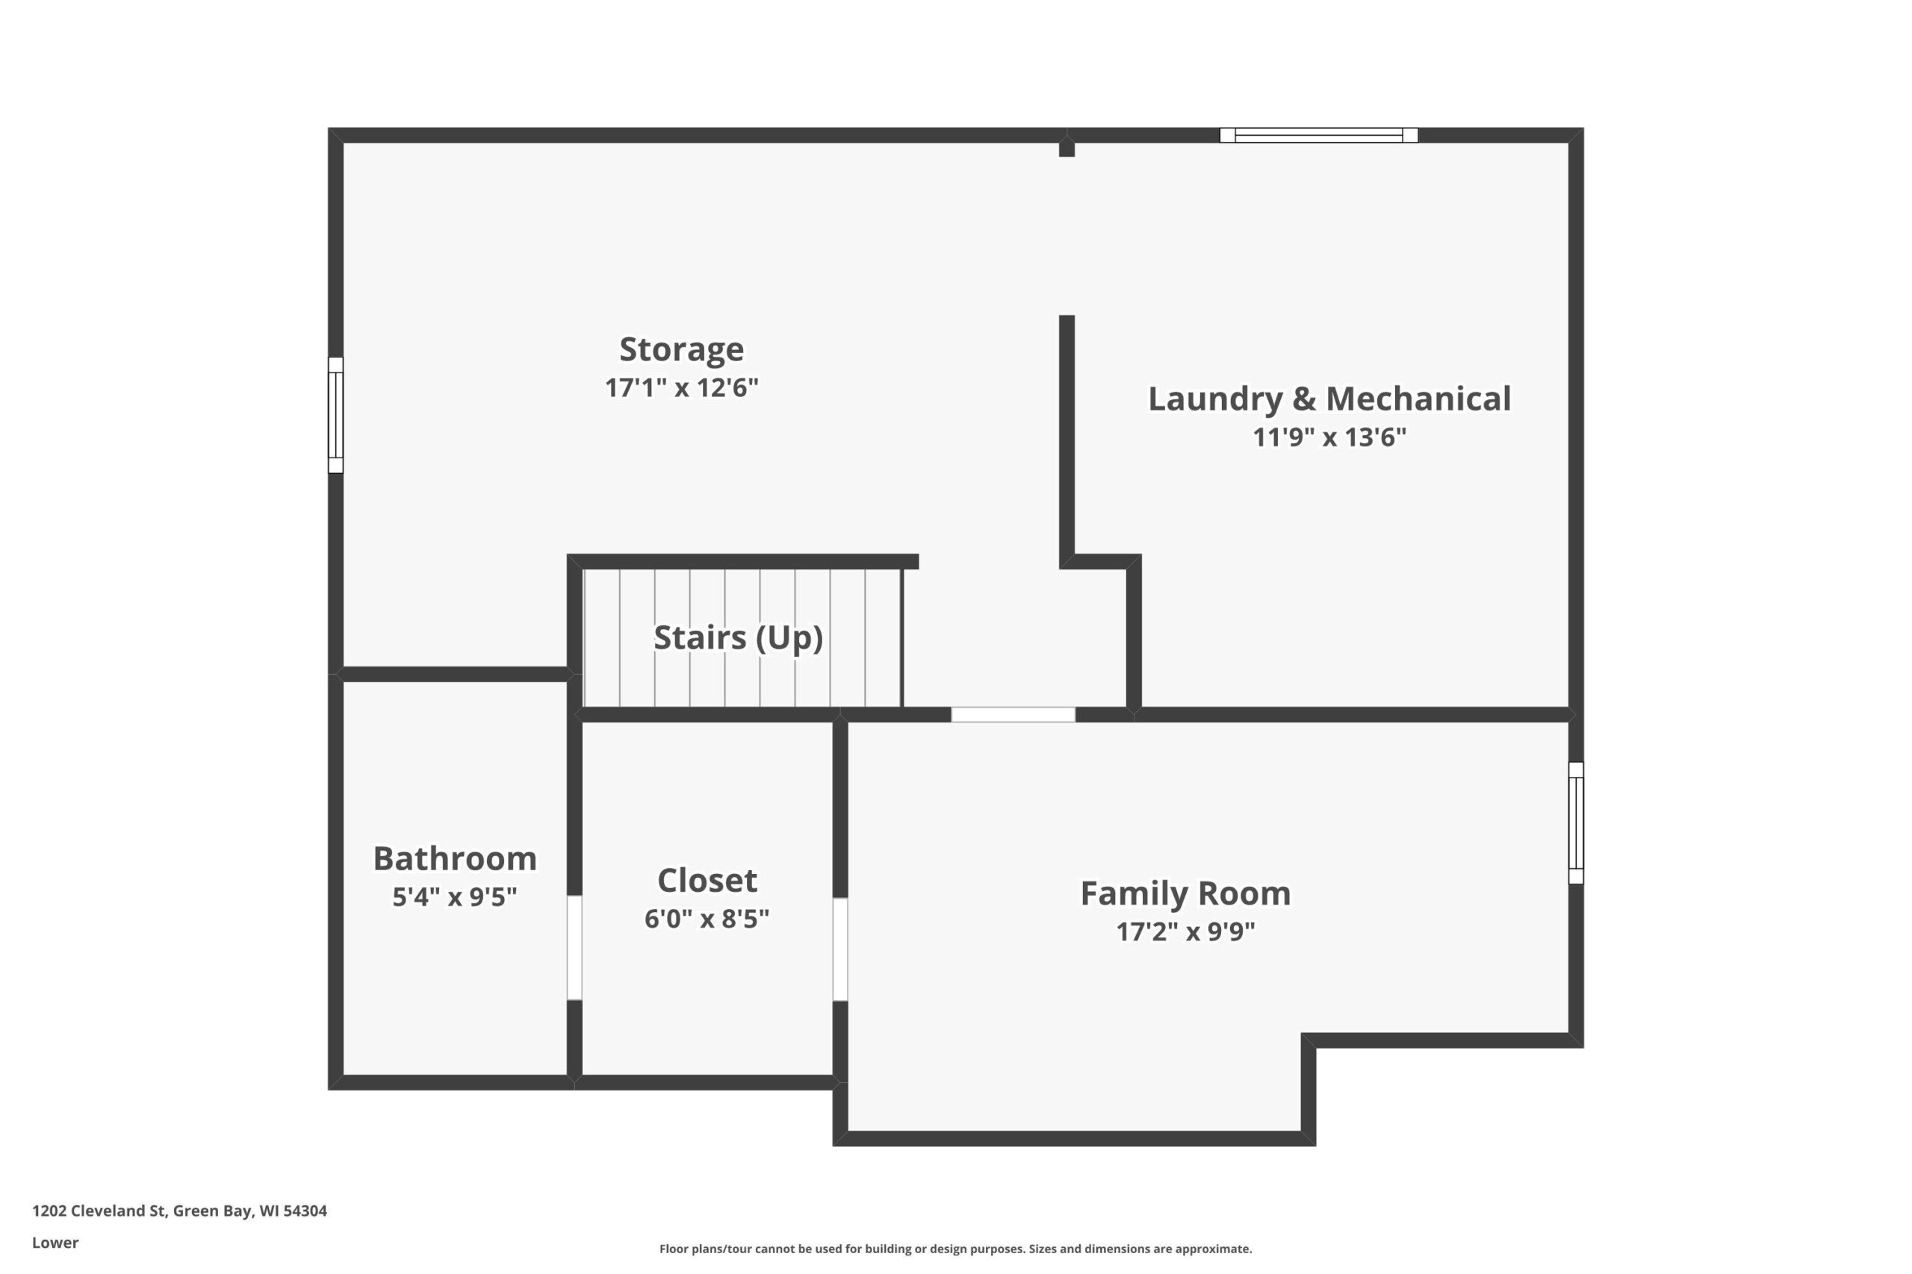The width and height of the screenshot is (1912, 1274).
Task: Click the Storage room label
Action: click(681, 350)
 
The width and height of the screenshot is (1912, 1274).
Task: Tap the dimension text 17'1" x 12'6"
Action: click(681, 387)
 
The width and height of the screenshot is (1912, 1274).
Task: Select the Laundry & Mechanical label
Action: click(1329, 399)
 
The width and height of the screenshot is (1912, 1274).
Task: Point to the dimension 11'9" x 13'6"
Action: click(1329, 437)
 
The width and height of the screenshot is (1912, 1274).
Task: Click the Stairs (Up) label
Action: click(738, 638)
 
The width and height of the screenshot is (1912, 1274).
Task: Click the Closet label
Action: click(707, 880)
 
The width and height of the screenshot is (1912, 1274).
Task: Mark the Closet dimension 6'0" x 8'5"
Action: click(707, 919)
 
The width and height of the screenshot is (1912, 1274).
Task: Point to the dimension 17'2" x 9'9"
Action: click(1185, 931)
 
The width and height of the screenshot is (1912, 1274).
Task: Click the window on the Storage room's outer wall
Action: click(336, 415)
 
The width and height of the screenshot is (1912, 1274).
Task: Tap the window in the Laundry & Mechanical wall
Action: click(1318, 136)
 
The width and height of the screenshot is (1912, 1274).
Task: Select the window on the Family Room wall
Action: click(1575, 823)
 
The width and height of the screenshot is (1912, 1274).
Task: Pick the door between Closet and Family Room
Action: click(840, 949)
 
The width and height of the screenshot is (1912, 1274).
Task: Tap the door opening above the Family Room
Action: click(1013, 715)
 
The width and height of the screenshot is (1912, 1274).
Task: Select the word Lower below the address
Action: click(55, 1243)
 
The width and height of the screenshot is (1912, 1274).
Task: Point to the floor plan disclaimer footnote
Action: click(955, 1249)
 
